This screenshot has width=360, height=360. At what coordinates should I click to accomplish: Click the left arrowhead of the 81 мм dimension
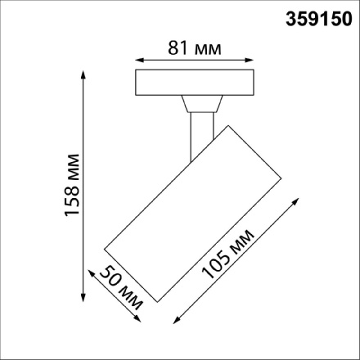(x=137, y=60)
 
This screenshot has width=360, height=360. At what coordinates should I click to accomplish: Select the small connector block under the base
(x=201, y=104)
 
